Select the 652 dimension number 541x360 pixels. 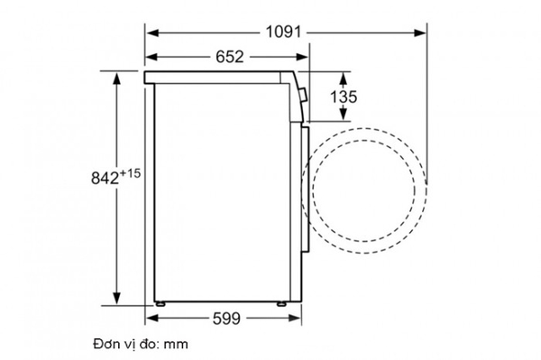point(229,57)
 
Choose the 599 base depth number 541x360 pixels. point(228,319)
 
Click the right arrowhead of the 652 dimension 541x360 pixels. point(304,57)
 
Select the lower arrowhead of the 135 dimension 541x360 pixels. point(344,117)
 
